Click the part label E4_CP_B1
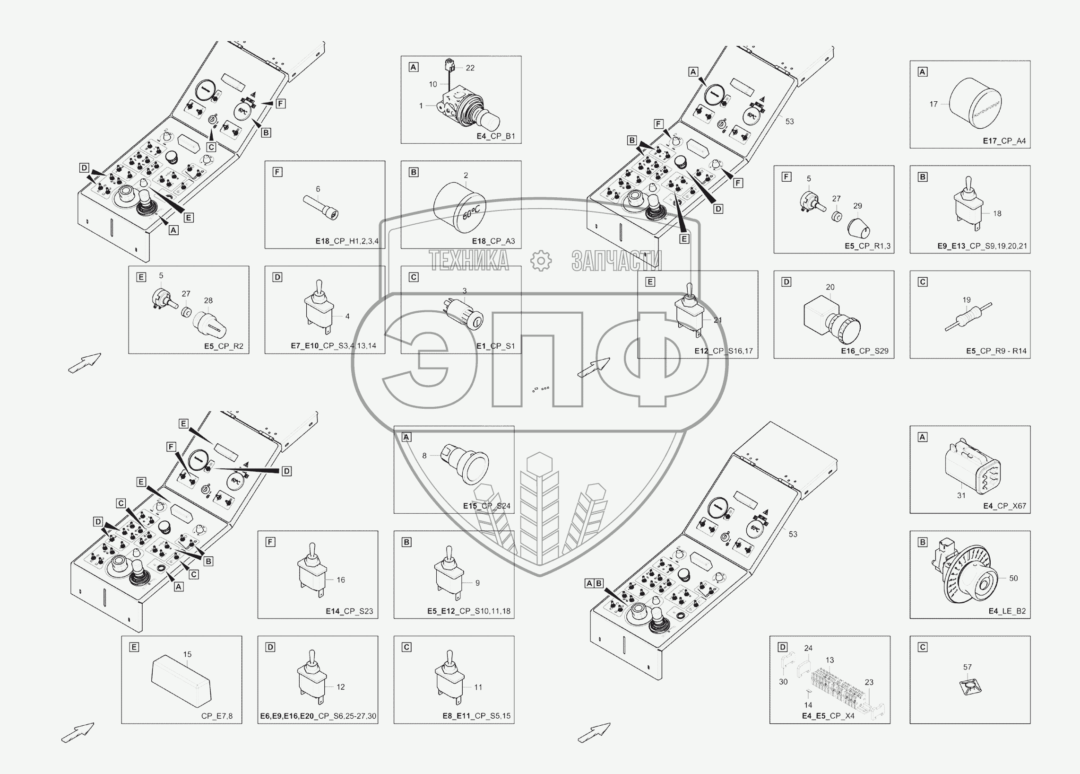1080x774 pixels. click(x=496, y=136)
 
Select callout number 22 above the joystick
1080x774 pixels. click(x=470, y=68)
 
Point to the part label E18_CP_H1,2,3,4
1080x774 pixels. click(x=346, y=241)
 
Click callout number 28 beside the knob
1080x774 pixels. click(x=208, y=300)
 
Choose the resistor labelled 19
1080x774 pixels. click(x=968, y=317)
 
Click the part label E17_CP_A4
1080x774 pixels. click(x=1004, y=141)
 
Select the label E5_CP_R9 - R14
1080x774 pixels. click(x=996, y=351)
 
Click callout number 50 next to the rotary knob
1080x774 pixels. click(x=1013, y=578)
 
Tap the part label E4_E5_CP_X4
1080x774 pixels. click(x=828, y=715)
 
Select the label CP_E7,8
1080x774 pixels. click(x=216, y=716)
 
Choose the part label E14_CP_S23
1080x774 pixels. click(x=349, y=611)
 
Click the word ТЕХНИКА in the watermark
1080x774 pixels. click(x=468, y=260)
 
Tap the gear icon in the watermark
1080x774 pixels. click(x=541, y=260)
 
